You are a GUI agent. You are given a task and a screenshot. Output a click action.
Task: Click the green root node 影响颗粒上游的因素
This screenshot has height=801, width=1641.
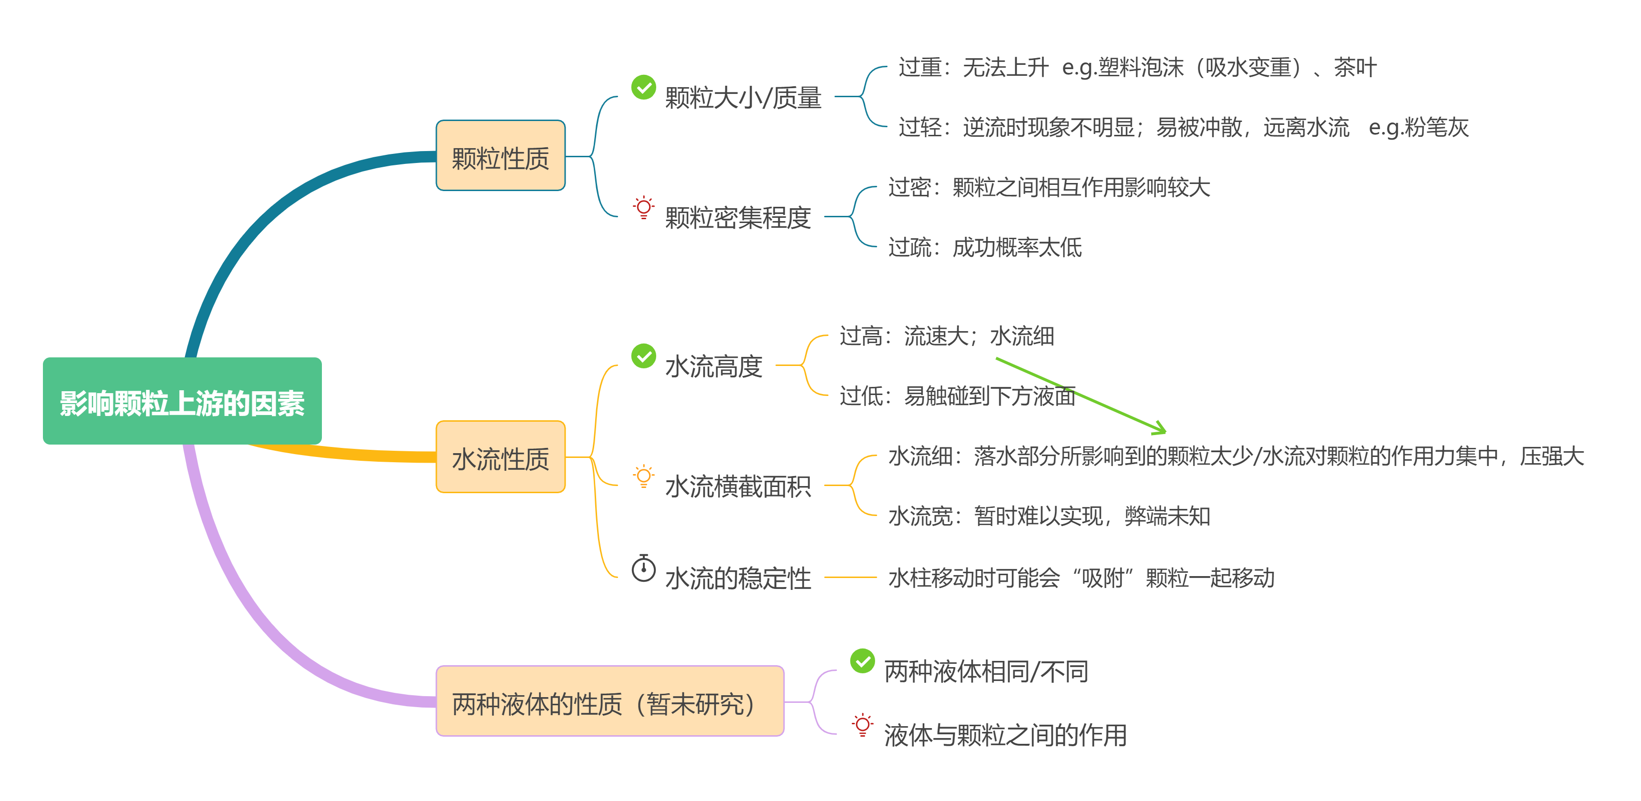click(x=182, y=401)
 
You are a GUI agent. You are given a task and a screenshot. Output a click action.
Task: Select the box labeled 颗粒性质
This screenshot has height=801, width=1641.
click(x=500, y=156)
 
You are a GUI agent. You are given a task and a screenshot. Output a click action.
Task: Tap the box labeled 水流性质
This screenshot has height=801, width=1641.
click(x=500, y=457)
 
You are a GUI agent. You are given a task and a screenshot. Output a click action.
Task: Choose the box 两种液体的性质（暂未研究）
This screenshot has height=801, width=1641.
click(x=609, y=702)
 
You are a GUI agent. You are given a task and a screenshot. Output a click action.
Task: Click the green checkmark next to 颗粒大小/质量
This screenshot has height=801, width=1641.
click(x=643, y=87)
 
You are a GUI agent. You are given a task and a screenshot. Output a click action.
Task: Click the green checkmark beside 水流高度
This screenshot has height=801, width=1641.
click(x=643, y=356)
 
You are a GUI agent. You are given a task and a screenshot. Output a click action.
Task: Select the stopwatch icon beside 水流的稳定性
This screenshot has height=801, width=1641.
click(x=643, y=568)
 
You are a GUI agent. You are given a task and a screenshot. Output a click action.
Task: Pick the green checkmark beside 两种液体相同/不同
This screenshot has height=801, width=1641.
click(x=863, y=661)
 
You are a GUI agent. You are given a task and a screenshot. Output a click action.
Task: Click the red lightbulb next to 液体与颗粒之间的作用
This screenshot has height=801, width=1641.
click(x=863, y=725)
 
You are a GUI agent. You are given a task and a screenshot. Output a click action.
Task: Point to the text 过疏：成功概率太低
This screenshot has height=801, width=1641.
click(x=985, y=247)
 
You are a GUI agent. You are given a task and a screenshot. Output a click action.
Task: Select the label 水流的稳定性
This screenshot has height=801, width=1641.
click(x=738, y=578)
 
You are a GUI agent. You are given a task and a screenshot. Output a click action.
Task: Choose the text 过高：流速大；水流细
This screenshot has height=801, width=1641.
click(x=947, y=335)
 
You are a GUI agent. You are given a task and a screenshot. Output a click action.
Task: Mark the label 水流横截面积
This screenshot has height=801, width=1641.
click(x=738, y=487)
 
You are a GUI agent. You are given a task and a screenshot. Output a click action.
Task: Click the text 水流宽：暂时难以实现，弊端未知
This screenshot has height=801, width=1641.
click(x=1049, y=516)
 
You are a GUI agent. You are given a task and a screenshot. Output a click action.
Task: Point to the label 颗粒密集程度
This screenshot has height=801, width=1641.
click(x=738, y=218)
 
